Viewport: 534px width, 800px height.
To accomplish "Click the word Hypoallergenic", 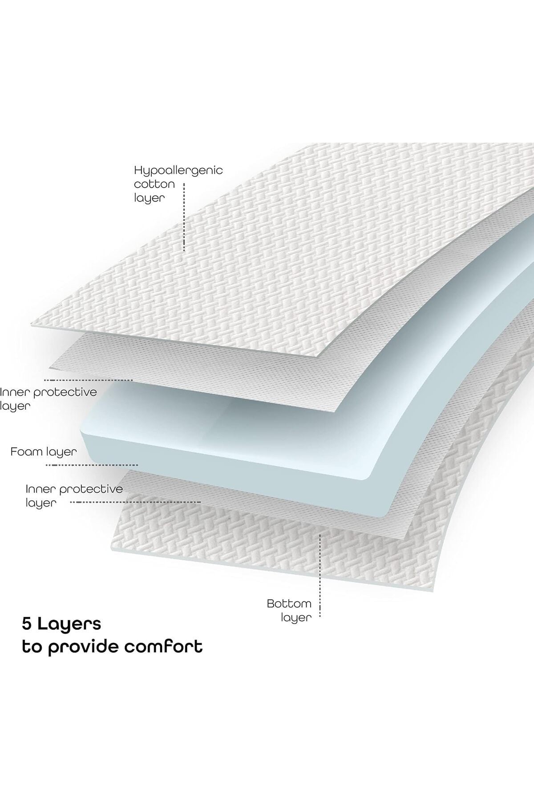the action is click(178, 171).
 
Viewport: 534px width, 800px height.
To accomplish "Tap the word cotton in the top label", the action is click(154, 184).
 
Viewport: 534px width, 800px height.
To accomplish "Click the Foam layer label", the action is click(44, 452).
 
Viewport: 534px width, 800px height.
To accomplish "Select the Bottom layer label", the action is click(289, 611).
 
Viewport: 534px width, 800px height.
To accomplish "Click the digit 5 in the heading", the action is click(27, 624).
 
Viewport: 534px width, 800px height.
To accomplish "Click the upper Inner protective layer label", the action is click(48, 399).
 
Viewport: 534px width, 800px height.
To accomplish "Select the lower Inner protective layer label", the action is click(74, 496).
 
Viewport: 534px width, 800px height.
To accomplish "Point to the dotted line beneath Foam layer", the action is click(93, 465).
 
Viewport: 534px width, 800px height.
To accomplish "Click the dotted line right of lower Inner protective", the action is click(136, 502).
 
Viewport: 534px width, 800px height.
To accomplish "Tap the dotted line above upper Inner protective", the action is click(89, 380).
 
